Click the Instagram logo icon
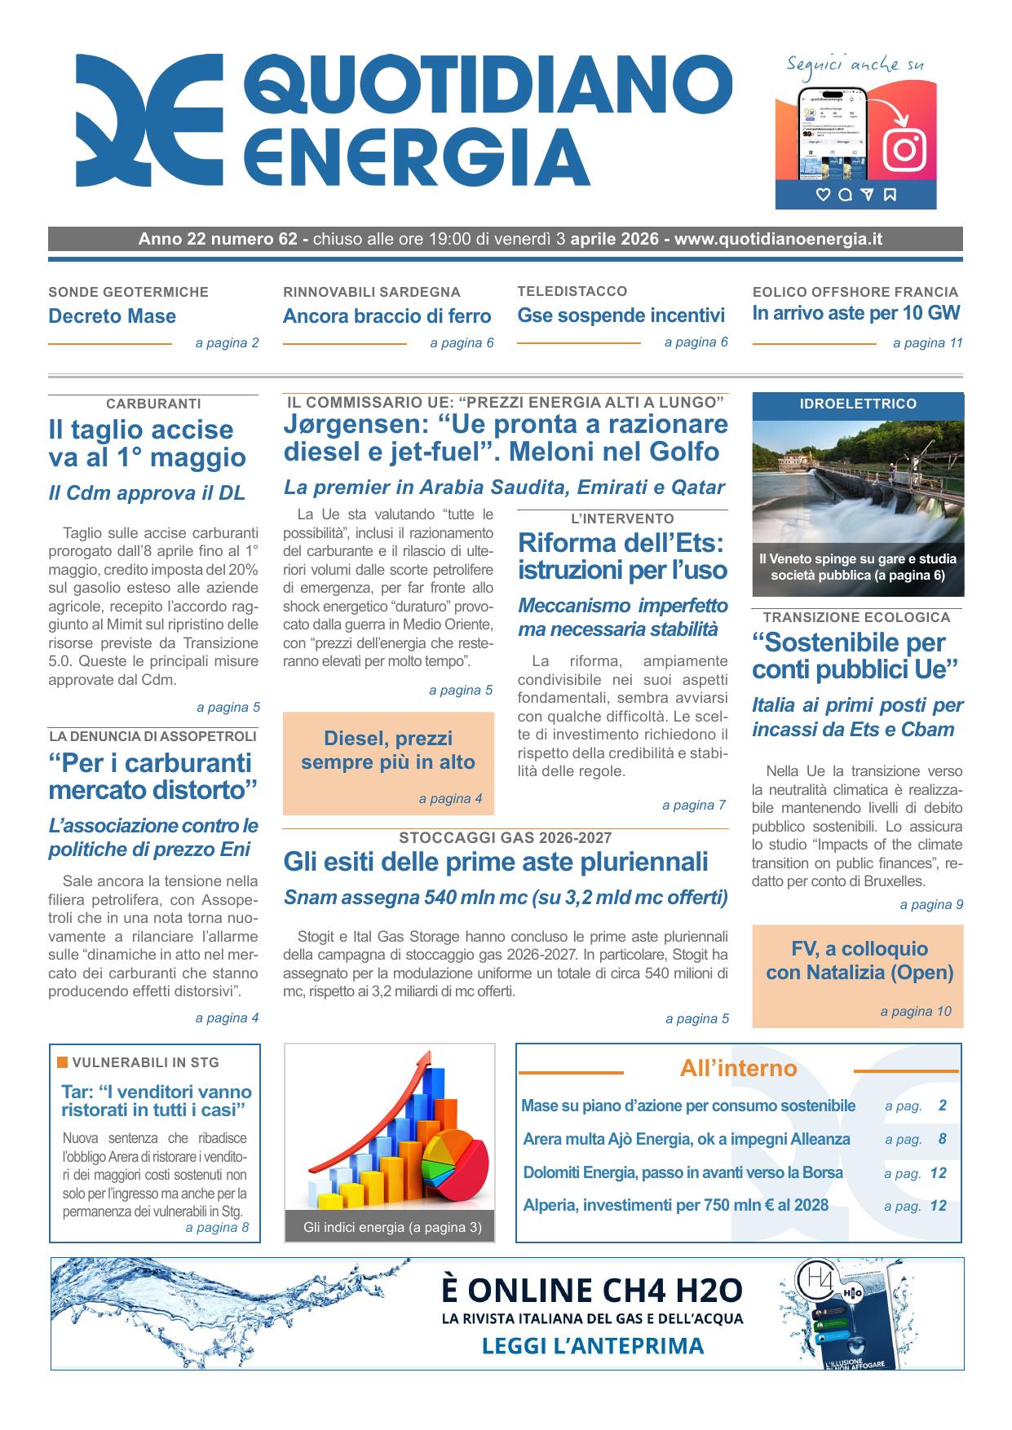pos(904,149)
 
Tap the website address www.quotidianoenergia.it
pos(778,239)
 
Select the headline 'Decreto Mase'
pos(113,316)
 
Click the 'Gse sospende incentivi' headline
pos(621,316)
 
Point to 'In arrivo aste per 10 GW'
pos(855,313)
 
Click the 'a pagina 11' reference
pos(927,343)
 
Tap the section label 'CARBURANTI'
pos(153,404)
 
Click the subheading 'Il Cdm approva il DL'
pos(147,493)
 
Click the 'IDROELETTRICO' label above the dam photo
pos(857,404)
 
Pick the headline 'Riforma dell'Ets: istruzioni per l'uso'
pos(621,556)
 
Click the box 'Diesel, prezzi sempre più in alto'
pos(388,751)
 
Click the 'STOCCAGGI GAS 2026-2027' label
pos(505,838)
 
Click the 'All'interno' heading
pos(738,1069)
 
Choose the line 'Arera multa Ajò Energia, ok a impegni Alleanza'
pos(686,1140)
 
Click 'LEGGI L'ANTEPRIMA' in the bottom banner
pos(593,1345)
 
